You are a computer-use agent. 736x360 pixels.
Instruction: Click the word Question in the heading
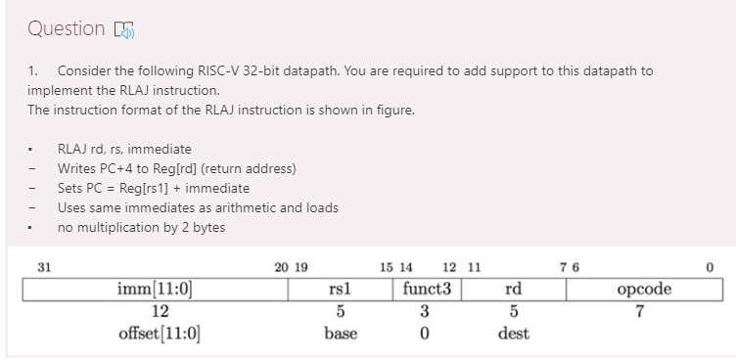tap(66, 28)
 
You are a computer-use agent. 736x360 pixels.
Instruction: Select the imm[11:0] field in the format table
tap(156, 290)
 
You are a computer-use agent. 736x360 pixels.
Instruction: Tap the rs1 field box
tap(341, 290)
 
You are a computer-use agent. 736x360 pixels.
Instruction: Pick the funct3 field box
tap(426, 290)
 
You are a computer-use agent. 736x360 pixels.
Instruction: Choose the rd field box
tap(513, 290)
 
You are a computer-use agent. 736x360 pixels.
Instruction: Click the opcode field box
tap(644, 290)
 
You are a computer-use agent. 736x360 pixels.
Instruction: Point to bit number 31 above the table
tap(43, 267)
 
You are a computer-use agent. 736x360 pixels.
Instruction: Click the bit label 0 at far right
tap(711, 267)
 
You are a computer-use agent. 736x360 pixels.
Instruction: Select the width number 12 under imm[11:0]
tap(159, 311)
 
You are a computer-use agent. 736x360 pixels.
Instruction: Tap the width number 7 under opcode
tap(639, 311)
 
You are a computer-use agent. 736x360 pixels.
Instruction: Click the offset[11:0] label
tap(160, 333)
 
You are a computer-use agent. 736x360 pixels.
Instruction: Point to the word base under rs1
tap(341, 333)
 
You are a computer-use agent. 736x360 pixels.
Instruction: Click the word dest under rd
tap(513, 333)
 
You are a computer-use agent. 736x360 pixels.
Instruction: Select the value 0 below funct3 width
tap(424, 333)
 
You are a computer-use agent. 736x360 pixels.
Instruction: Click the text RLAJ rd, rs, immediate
tap(124, 149)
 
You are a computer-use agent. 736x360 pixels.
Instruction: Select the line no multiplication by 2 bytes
tap(141, 227)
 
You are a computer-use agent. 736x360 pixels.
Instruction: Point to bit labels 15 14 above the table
tap(396, 267)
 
